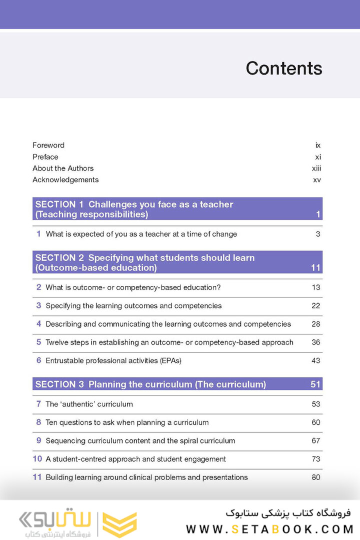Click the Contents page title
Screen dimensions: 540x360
coord(283,68)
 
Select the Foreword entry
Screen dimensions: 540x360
coord(48,145)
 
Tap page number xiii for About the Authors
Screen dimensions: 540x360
coord(316,168)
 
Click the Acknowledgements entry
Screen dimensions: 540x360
coord(65,180)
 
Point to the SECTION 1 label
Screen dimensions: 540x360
coord(59,204)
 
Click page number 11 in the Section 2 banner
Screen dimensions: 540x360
coord(315,268)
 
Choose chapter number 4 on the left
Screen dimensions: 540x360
coord(38,324)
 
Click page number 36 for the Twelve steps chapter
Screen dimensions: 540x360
coord(315,342)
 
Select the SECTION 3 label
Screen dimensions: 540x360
coord(59,384)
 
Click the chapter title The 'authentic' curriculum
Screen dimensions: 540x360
coord(89,404)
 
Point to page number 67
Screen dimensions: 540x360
coord(315,441)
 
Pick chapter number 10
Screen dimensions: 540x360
coord(37,459)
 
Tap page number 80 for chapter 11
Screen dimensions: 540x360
coord(315,477)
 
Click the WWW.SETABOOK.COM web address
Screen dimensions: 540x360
coord(270,529)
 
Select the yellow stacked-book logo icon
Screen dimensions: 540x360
coord(119,524)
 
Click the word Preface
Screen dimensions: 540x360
coord(45,157)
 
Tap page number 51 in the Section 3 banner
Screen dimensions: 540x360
coord(315,384)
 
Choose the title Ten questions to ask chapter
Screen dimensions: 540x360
coord(127,422)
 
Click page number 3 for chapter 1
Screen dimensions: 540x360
coord(317,234)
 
